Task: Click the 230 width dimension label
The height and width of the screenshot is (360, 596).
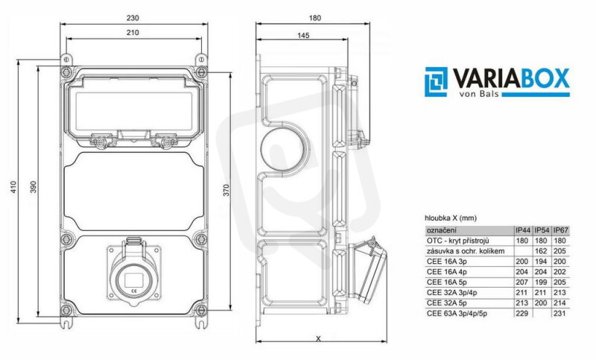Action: click(x=133, y=17)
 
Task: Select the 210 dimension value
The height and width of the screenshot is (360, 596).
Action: click(x=133, y=33)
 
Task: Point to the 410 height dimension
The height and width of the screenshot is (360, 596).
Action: click(x=13, y=187)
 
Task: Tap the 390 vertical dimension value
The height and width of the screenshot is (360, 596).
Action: click(x=34, y=187)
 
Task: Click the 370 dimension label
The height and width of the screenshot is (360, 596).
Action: click(x=226, y=190)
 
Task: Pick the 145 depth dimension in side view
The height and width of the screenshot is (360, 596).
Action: click(x=303, y=35)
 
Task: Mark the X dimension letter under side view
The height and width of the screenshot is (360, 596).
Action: click(x=319, y=338)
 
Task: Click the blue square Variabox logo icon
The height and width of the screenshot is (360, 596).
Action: click(x=437, y=82)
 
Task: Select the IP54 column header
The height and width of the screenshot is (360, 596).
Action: click(x=542, y=230)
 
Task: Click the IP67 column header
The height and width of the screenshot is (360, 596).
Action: click(x=561, y=230)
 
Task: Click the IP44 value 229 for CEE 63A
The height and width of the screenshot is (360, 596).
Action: click(x=522, y=313)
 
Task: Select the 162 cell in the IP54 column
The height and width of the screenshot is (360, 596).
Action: click(x=541, y=251)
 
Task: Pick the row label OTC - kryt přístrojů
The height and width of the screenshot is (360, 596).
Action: click(x=457, y=241)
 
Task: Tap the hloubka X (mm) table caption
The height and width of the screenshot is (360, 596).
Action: click(x=451, y=218)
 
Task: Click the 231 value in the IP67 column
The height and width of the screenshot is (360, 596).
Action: click(x=560, y=313)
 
